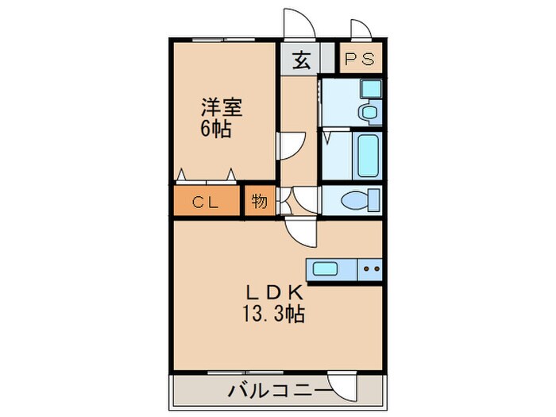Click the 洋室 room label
[221, 107]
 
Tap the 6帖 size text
[215, 129]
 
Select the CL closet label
[205, 203]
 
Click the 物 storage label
[259, 202]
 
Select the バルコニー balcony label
[278, 391]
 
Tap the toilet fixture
[357, 201]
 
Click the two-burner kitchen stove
[371, 268]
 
